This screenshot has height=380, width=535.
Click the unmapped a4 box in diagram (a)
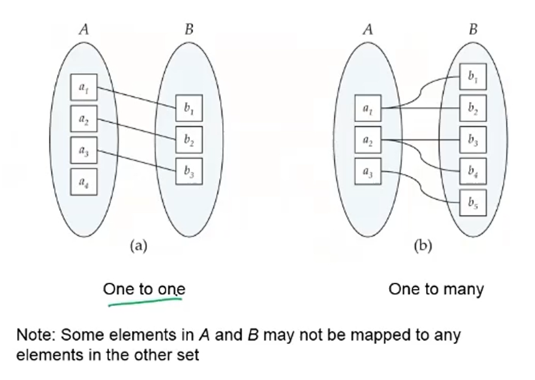click(x=83, y=182)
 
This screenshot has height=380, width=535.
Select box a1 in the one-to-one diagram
click(x=83, y=87)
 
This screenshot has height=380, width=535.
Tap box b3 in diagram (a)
click(x=189, y=171)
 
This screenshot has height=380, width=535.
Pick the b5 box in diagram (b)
click(x=473, y=202)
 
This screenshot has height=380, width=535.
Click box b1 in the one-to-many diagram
click(x=473, y=77)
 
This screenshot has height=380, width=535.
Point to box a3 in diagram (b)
click(x=368, y=171)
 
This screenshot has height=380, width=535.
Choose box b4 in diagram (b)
click(x=473, y=171)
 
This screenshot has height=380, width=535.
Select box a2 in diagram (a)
click(x=83, y=119)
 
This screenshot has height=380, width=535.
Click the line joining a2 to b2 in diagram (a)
click(x=136, y=129)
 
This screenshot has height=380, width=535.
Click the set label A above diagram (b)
click(x=368, y=29)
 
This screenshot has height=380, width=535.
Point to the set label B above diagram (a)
click(x=189, y=29)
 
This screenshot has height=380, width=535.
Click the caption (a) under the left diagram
click(x=139, y=246)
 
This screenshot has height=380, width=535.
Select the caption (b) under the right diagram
click(x=423, y=246)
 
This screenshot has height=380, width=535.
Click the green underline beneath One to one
click(x=145, y=302)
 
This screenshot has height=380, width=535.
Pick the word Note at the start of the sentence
click(x=35, y=335)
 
